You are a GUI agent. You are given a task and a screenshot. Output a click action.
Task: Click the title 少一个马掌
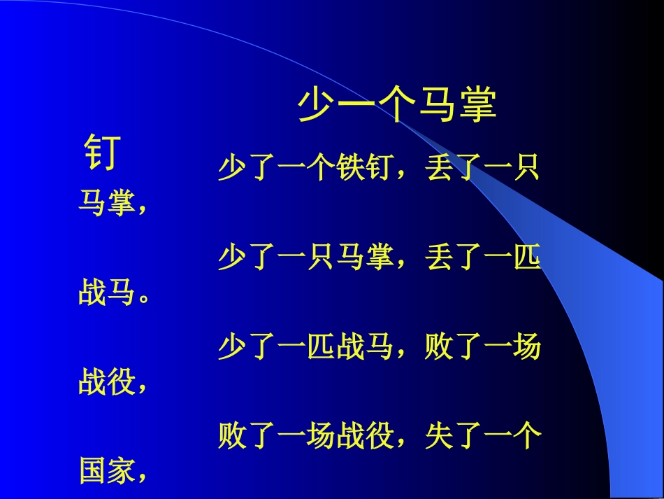397,105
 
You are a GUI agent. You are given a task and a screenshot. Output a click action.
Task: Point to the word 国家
106,471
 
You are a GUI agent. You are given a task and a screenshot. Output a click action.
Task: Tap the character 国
92,471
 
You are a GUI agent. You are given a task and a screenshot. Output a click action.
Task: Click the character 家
120,471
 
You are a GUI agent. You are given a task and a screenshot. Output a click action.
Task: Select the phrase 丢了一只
483,169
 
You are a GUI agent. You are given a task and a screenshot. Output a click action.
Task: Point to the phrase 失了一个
483,437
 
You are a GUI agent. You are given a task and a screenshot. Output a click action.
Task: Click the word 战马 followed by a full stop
106,293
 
